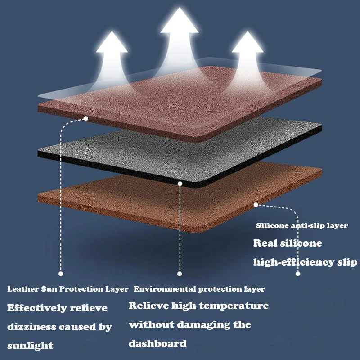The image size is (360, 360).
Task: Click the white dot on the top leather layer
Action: click(85, 118)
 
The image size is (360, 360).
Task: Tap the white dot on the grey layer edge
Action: click(180, 184)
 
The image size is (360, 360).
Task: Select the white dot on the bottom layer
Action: click(256, 205)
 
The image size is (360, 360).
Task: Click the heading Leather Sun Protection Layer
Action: click(68, 289)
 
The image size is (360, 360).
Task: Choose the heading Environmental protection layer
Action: click(199, 289)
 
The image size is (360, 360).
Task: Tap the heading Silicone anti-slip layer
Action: click(301, 225)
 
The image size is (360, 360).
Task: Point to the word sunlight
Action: click(30, 346)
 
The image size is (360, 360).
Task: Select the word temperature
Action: click(234, 306)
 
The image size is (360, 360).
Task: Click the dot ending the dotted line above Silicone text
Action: click(297, 273)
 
